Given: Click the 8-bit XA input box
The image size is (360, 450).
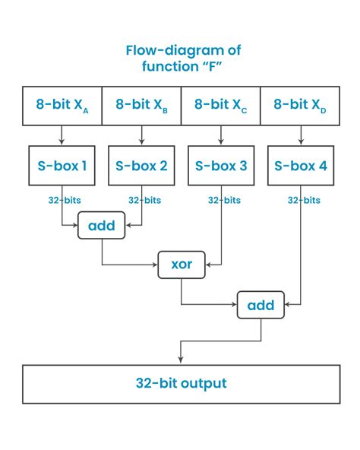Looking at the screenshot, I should [x=62, y=106].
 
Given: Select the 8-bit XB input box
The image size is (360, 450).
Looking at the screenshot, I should [x=141, y=106].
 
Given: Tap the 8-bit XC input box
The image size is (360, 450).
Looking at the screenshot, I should [x=221, y=106].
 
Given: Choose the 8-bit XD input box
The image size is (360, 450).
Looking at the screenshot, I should [x=298, y=106].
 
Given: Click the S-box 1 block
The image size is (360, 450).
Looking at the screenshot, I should [x=62, y=165].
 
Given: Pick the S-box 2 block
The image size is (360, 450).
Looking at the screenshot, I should [x=141, y=165].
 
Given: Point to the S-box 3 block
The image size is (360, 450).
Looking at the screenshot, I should [x=221, y=165].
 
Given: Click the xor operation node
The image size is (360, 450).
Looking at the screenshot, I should [x=181, y=265].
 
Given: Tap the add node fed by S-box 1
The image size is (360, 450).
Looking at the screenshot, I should [x=101, y=226].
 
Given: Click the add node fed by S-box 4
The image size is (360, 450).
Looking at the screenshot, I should [x=261, y=306].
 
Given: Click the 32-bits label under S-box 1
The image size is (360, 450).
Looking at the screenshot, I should [x=62, y=201].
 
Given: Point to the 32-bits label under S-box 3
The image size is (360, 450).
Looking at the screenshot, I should [x=221, y=201].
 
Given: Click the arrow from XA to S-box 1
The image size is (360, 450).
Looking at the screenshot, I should [x=62, y=135].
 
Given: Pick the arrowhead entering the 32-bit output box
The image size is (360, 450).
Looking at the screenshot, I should [x=180, y=360].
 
